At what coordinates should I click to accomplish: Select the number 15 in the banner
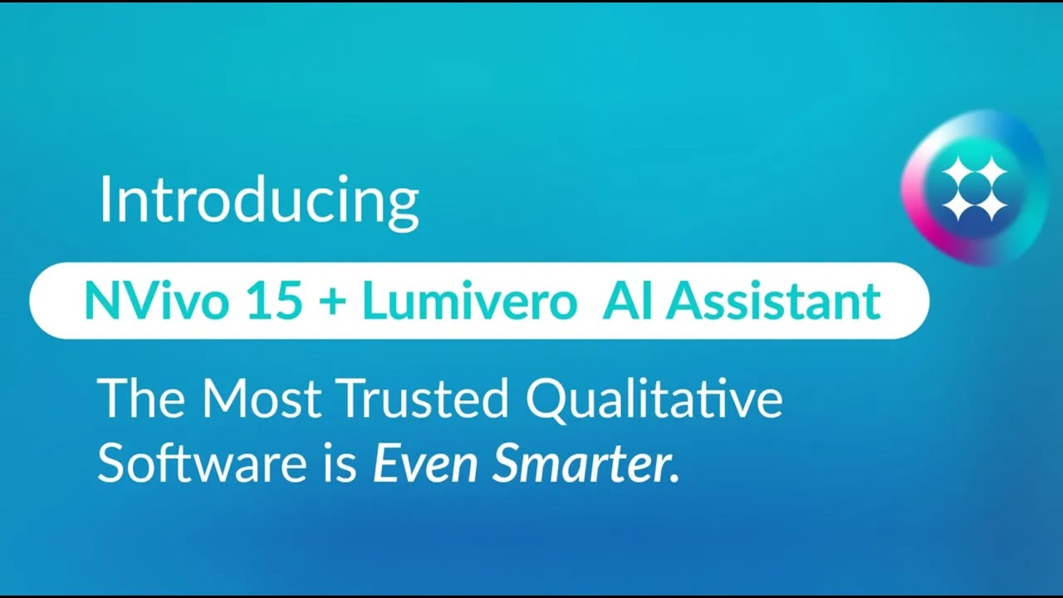pos(274,301)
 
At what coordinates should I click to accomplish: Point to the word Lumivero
pos(469,301)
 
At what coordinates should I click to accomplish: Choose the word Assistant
pos(772,301)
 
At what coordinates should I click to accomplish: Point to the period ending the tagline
pos(674,479)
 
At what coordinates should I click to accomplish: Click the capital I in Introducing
pos(105,202)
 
